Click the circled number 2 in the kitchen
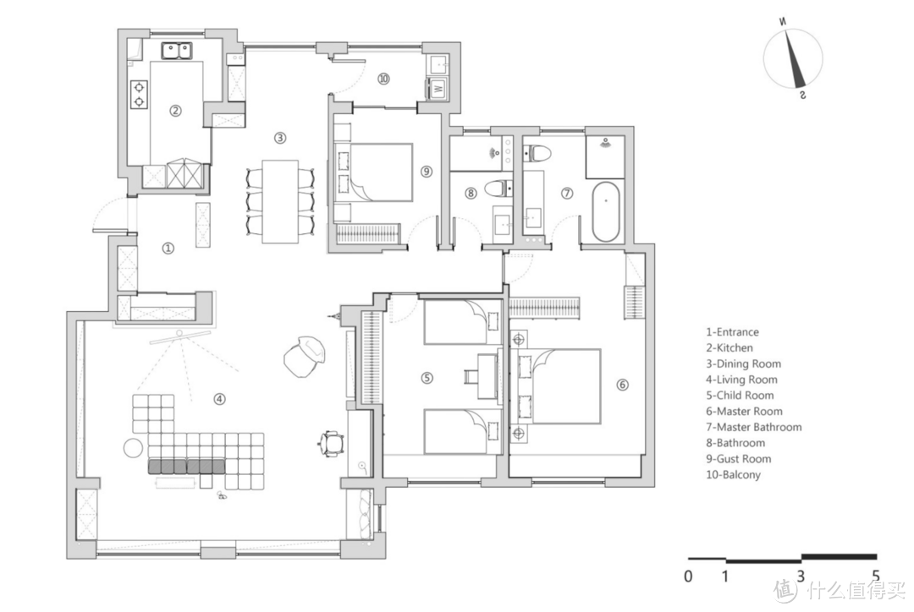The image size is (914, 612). coord(175,110)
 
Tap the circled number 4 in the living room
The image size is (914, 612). coord(219,399)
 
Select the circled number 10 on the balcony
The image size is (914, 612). coord(383,78)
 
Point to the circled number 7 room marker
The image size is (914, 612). coord(567,193)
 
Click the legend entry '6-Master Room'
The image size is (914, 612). coord(744,411)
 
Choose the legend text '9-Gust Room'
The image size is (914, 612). coord(738,459)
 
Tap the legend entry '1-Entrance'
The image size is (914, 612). coord(732,332)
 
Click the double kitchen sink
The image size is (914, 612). coord(177,50)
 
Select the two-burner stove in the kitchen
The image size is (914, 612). coord(139,95)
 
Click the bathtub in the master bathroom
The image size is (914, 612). coord(606,211)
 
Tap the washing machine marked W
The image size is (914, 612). coord(438,89)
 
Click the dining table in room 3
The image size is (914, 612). coord(280,201)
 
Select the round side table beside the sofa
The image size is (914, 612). coord(133,448)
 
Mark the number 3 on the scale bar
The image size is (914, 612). coord(801,576)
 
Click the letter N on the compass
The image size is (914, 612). coord(782,22)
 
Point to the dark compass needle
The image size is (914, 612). coord(794,59)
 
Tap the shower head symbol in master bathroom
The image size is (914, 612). coord(606,141)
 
